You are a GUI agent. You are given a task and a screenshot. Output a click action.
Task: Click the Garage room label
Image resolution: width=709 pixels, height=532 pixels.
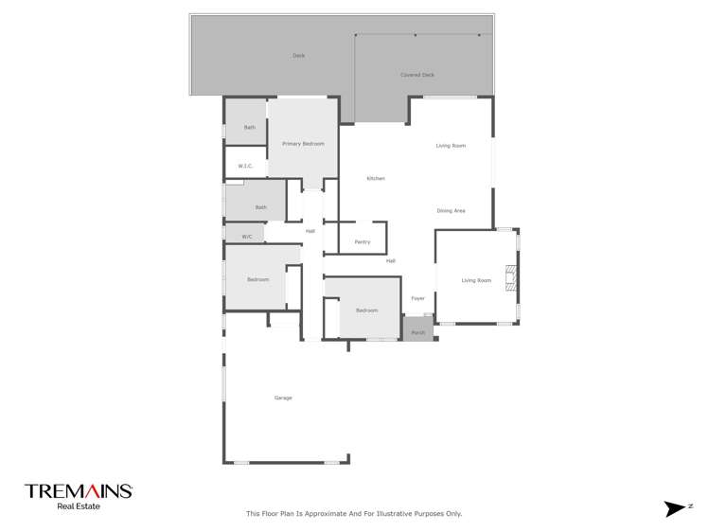(x=283, y=398)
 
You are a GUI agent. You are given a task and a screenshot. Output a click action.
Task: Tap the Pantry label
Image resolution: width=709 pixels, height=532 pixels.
(x=363, y=242)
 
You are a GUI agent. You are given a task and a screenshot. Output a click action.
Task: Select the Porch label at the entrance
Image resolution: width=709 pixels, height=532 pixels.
(x=417, y=332)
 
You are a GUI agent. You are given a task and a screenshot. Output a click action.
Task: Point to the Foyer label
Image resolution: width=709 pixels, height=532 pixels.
(x=417, y=298)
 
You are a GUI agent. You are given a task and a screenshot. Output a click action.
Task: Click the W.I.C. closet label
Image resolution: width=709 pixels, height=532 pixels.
(x=245, y=166)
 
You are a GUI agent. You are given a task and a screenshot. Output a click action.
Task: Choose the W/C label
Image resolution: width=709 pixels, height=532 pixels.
(x=246, y=237)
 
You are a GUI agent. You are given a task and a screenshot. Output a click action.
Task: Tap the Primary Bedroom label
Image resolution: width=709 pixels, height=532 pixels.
(x=303, y=144)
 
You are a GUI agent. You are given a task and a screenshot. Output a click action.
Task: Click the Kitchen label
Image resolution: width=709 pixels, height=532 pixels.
(x=376, y=178)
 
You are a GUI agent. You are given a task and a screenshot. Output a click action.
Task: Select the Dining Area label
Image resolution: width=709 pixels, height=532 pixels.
(x=451, y=210)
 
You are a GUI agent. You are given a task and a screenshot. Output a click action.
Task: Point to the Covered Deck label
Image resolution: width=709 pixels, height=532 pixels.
(x=417, y=75)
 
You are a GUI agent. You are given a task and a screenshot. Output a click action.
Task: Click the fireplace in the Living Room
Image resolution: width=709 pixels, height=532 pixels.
(x=511, y=279)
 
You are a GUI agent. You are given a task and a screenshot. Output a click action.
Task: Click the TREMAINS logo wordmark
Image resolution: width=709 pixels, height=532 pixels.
(x=79, y=491)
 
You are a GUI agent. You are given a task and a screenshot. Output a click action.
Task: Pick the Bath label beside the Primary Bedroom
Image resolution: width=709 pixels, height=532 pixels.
(x=250, y=128)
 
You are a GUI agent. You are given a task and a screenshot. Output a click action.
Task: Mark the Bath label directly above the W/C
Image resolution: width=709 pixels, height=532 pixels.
(x=260, y=207)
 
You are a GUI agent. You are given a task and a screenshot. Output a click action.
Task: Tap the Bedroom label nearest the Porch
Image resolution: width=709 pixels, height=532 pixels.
(x=367, y=310)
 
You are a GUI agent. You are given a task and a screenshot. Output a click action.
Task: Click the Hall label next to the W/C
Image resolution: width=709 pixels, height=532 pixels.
(x=310, y=231)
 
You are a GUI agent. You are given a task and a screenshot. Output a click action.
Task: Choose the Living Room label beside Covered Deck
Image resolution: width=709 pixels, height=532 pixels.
(x=451, y=146)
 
